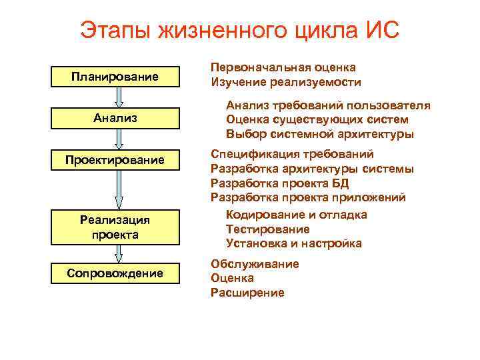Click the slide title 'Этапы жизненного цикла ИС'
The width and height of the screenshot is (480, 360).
[239, 30]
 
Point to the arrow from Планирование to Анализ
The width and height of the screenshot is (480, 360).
[119, 97]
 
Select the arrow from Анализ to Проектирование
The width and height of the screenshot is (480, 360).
[119, 139]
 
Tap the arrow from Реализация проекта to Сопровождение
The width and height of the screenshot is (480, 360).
[119, 254]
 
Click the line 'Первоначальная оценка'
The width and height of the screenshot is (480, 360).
[283, 68]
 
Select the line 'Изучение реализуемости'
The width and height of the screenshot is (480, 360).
[285, 83]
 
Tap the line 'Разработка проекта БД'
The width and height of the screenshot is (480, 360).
[279, 183]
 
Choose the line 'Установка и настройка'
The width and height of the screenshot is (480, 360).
[293, 243]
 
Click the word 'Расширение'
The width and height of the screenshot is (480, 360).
[247, 293]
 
